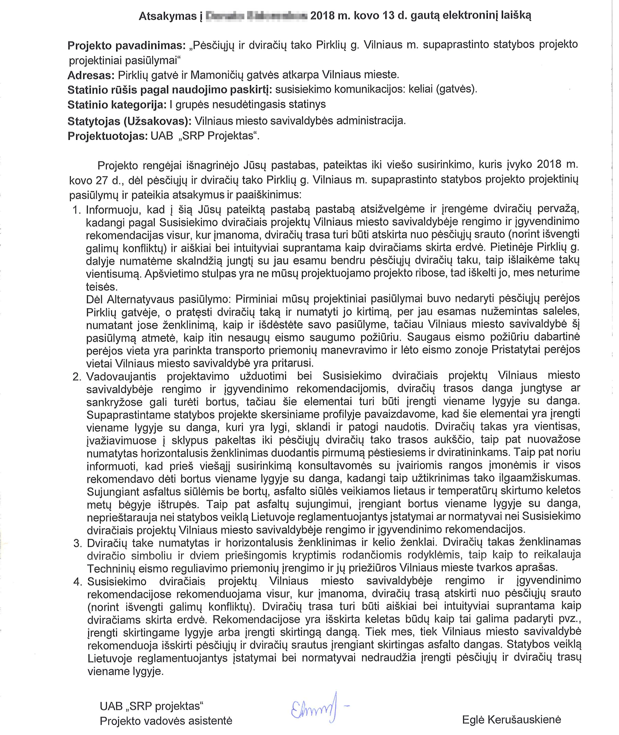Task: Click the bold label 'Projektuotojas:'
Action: pyautogui.click(x=107, y=136)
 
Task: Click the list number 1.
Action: pyautogui.click(x=76, y=210)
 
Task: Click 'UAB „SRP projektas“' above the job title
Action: pyautogui.click(x=152, y=706)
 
